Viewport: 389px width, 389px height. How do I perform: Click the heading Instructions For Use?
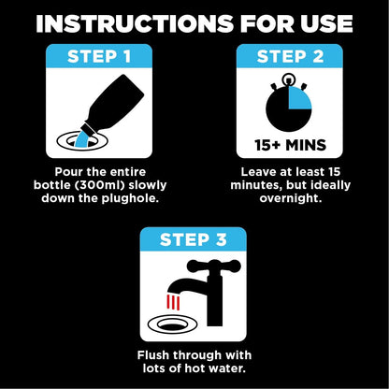194,22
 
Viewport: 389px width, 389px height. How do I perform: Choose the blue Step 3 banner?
194,239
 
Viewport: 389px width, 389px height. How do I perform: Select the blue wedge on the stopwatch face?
301,98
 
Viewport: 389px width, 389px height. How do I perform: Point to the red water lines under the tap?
174,305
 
